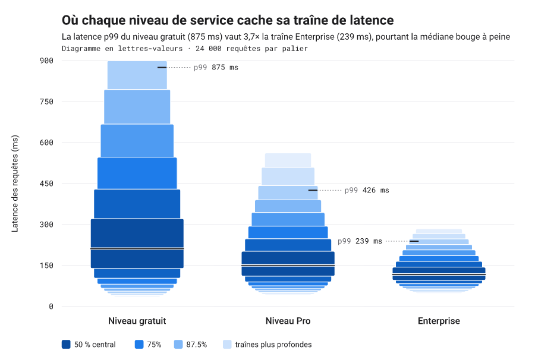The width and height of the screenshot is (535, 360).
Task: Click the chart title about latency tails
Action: (x=228, y=20)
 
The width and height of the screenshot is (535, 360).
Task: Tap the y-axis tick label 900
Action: (x=46, y=61)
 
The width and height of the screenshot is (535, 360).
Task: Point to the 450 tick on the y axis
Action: (x=46, y=184)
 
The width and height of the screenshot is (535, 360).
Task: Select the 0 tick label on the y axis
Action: (x=51, y=307)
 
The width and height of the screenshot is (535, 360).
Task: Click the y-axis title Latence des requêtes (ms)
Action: (x=15, y=184)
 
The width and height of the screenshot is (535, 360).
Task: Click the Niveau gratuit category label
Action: (x=137, y=321)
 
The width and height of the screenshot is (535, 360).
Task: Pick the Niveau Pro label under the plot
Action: (x=288, y=321)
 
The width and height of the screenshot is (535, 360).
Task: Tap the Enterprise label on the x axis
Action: (x=439, y=321)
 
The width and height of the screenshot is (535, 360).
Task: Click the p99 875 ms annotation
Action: (x=216, y=68)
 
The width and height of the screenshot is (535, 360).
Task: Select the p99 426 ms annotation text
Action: (x=367, y=190)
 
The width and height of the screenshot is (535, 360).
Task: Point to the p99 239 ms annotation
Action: (x=360, y=241)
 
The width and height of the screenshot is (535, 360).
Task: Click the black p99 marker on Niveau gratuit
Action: (x=162, y=68)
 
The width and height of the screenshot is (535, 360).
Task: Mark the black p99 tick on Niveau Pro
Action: (x=313, y=190)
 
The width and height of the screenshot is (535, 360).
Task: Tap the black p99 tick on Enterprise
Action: (x=414, y=241)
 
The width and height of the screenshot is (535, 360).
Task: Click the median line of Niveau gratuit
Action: (x=137, y=248)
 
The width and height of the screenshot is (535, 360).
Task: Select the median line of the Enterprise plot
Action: (x=439, y=274)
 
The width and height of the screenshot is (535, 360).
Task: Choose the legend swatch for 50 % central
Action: (x=66, y=345)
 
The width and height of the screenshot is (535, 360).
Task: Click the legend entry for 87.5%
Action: (x=191, y=345)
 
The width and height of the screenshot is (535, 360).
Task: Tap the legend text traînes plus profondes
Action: (x=273, y=345)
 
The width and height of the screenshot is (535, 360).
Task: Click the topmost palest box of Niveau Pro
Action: (x=288, y=160)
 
